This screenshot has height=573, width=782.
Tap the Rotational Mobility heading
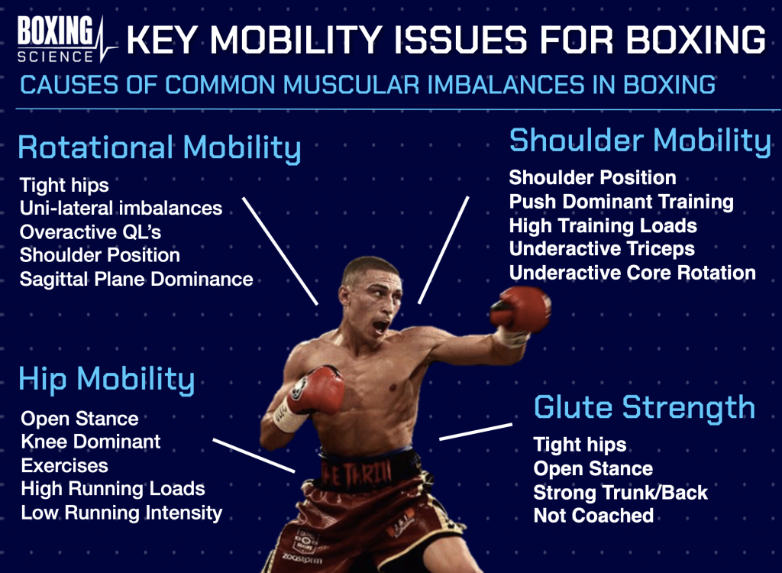tap(160, 148)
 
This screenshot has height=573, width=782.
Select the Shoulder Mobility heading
tap(641, 141)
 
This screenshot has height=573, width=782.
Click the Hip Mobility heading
tap(107, 380)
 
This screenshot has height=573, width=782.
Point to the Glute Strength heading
tap(645, 408)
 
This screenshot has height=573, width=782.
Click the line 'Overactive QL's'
tap(90, 232)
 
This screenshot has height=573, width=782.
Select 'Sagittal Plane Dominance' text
tap(136, 280)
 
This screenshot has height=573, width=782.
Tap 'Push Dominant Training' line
tap(621, 202)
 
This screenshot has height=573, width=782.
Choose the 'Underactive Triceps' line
tap(602, 248)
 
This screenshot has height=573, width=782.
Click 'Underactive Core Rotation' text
tap(632, 273)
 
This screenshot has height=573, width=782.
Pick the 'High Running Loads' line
tap(113, 489)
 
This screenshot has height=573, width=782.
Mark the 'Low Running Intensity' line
tap(121, 513)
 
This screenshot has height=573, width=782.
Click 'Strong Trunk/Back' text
tap(620, 493)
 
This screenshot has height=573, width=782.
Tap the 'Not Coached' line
tap(593, 516)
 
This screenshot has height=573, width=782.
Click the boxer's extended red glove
tap(520, 309)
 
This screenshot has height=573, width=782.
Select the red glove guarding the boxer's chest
tap(316, 390)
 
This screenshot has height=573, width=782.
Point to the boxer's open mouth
tap(380, 326)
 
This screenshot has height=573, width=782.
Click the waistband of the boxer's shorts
tap(367, 471)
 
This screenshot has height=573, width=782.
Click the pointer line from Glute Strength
tap(476, 432)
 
